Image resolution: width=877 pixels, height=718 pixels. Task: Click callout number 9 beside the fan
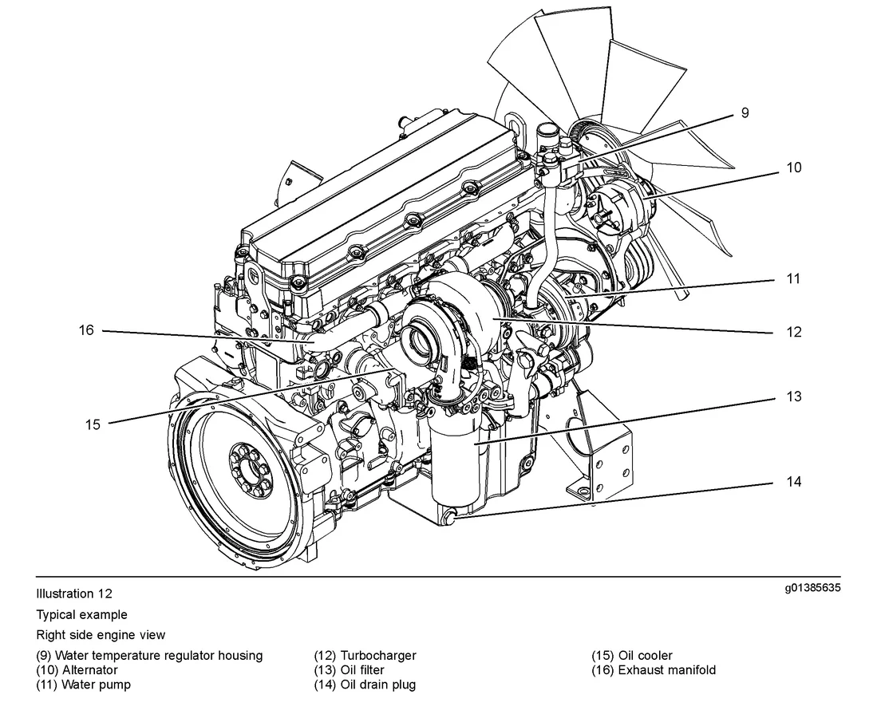pos(745,113)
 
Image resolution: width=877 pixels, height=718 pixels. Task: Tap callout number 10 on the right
pos(793,168)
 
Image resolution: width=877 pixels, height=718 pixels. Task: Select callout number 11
pos(793,279)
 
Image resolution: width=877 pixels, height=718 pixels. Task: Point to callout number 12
pos(793,332)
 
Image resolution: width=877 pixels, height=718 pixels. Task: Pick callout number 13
pos(793,396)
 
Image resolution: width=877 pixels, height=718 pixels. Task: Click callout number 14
pos(793,482)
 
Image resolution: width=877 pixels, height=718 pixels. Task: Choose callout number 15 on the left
pos(93,424)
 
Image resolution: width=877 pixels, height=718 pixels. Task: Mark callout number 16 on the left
pos(86,329)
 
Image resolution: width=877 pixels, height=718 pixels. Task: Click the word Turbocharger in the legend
pos(378,656)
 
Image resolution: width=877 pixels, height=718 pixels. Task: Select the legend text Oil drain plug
pos(377,684)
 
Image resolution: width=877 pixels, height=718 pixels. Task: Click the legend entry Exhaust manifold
pos(666,670)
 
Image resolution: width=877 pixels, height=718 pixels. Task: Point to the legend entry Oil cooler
pos(645,656)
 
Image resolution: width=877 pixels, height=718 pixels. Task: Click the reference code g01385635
pos(812,589)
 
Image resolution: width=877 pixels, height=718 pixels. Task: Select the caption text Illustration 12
pos(74,594)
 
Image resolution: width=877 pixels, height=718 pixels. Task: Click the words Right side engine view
pos(101,635)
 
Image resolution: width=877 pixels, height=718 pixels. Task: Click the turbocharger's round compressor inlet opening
pos(421,342)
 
